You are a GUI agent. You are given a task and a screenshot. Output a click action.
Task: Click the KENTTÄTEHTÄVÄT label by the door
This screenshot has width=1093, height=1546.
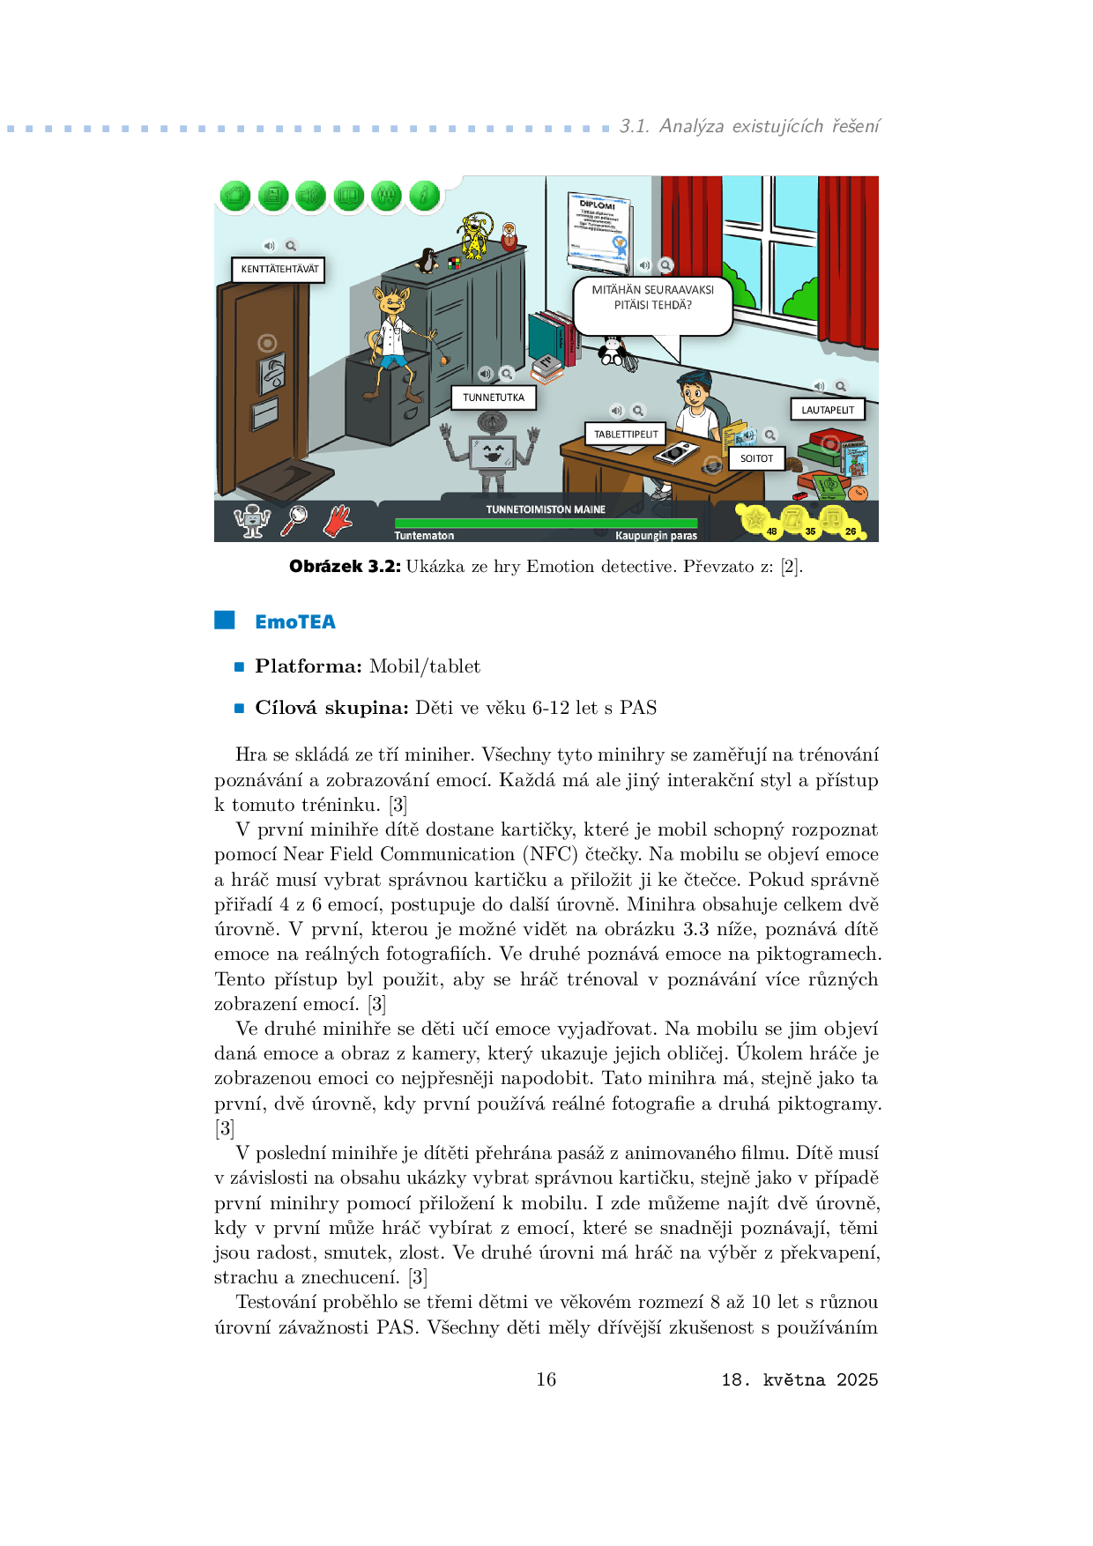[x=279, y=270]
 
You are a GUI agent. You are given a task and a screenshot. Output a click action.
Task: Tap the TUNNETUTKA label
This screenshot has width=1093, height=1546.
[x=494, y=398]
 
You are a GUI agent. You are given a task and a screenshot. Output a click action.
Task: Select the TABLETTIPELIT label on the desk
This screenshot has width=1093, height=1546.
[x=625, y=435]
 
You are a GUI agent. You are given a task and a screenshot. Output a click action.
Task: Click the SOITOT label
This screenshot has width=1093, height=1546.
[x=756, y=458]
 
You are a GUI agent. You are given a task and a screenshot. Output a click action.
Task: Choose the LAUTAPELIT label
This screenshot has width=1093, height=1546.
[x=828, y=410]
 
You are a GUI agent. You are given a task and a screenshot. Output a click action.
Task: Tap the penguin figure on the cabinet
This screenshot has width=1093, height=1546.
[x=428, y=261]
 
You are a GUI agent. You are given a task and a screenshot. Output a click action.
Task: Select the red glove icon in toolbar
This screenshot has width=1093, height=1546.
[x=338, y=521]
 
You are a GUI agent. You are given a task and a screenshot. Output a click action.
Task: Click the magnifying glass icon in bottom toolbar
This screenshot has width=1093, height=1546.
[x=294, y=520]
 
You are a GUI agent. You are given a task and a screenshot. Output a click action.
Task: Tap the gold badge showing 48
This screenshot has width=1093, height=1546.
[x=757, y=521]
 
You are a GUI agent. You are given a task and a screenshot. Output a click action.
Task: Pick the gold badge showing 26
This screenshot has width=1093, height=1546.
[x=836, y=521]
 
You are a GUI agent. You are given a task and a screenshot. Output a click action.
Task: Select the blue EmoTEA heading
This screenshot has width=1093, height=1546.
[x=295, y=622]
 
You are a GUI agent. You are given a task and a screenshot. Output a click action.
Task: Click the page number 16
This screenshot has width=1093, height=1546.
[x=546, y=1379]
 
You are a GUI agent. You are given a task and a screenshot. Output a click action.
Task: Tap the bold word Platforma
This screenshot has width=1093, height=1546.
[x=309, y=666]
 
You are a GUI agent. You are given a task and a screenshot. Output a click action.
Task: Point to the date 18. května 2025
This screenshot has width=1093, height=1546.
[x=799, y=1380]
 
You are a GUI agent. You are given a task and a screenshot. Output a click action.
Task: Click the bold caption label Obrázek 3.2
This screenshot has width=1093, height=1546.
[x=345, y=567]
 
